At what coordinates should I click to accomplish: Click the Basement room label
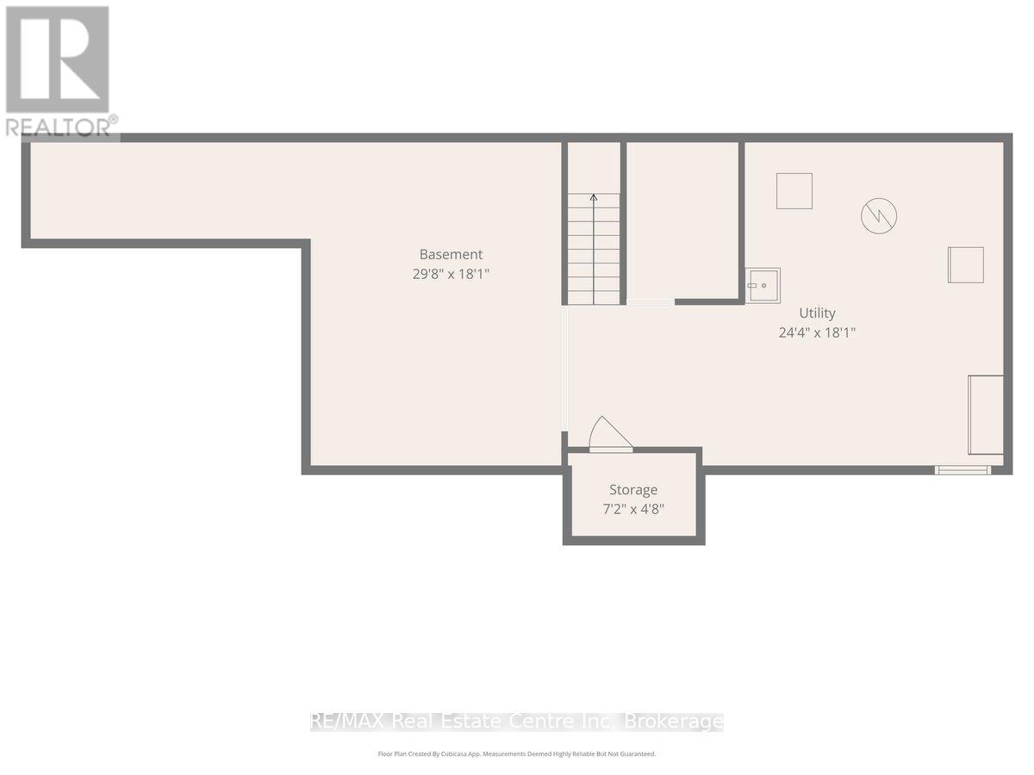click(x=451, y=255)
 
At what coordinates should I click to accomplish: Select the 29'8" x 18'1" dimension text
click(x=451, y=274)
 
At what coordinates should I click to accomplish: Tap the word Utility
click(x=817, y=313)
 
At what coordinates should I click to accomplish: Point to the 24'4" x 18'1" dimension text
click(x=817, y=332)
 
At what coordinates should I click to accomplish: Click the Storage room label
click(x=633, y=490)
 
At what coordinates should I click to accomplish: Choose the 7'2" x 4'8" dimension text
click(x=633, y=509)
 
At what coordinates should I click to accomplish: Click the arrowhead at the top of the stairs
click(x=594, y=198)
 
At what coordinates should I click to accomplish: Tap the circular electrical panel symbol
click(x=879, y=216)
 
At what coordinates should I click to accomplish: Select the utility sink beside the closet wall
click(x=763, y=286)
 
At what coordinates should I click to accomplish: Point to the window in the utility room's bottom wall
click(x=962, y=470)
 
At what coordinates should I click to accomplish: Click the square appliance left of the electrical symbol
click(x=794, y=191)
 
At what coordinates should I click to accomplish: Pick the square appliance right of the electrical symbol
click(x=966, y=265)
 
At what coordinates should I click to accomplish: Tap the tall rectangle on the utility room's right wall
click(x=986, y=414)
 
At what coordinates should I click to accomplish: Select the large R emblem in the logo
click(x=57, y=59)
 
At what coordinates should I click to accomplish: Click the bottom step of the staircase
click(x=594, y=297)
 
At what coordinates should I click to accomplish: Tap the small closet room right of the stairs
click(x=682, y=220)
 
